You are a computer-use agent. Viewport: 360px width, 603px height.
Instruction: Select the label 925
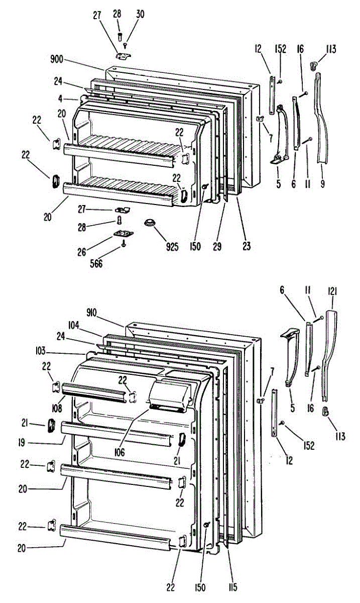click(172, 247)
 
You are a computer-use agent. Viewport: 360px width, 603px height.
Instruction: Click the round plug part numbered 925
click(149, 223)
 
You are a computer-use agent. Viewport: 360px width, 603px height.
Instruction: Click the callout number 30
click(140, 15)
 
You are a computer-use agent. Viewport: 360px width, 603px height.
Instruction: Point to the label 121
click(332, 291)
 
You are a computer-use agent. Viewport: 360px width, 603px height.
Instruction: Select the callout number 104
click(75, 326)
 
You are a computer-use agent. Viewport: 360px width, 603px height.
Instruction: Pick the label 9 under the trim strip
click(322, 184)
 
